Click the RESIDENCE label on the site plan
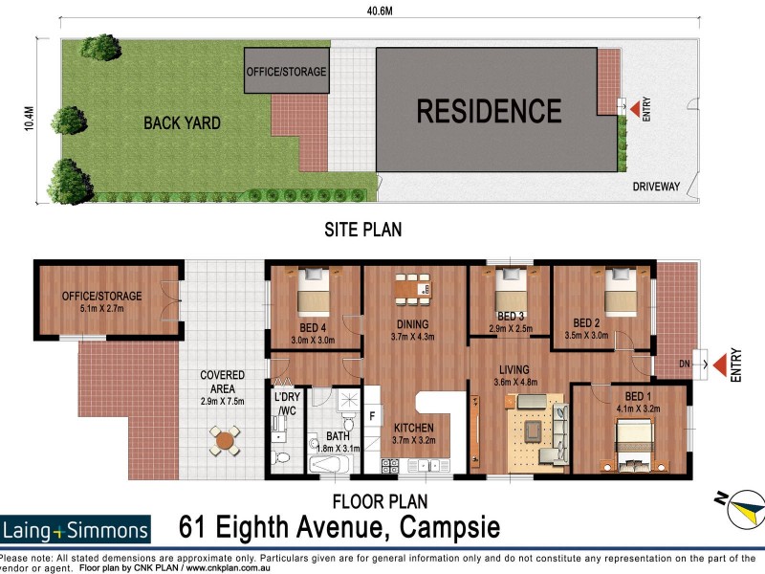tap(489, 111)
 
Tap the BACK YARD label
tap(182, 122)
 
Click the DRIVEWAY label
tap(656, 187)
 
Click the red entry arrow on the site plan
tap(623, 106)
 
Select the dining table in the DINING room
tap(412, 286)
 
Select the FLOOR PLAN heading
tap(379, 500)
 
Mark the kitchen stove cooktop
tap(390, 466)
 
